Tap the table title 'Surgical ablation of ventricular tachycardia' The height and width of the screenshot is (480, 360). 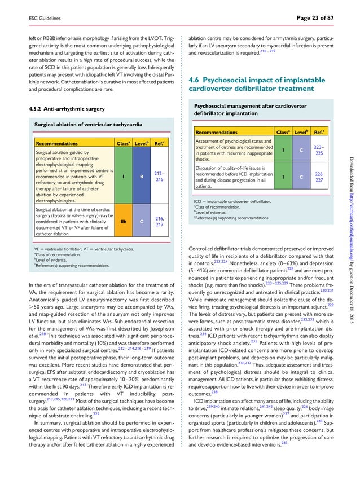point(88,124)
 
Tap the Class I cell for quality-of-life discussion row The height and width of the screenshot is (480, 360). point(282,177)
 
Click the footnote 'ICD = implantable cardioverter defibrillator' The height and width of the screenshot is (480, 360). point(231,201)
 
